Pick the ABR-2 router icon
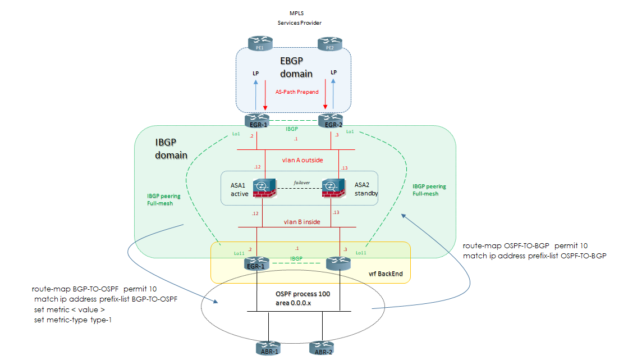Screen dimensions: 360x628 pyautogui.click(x=322, y=347)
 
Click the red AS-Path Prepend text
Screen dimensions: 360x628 pyautogui.click(x=297, y=92)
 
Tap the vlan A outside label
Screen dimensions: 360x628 pyautogui.click(x=302, y=160)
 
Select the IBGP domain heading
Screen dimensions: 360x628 pyautogui.click(x=171, y=148)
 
